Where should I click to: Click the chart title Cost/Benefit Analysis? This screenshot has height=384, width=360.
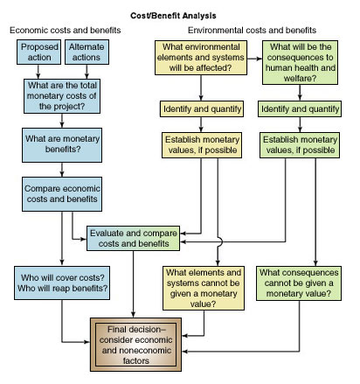pos(173,16)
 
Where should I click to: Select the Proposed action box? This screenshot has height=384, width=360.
pos(38,52)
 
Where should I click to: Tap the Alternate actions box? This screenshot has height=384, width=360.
pos(87,52)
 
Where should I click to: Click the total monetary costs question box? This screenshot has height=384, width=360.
pos(62,96)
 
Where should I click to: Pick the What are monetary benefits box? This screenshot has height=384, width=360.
pos(62,145)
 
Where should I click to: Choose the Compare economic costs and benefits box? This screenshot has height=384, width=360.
pos(62,194)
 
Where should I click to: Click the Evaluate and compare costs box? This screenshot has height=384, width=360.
pos(134,238)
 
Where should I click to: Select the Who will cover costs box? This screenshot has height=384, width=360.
pos(62,283)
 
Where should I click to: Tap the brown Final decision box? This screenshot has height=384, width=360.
pos(135,345)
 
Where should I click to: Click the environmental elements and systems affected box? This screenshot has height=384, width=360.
pos(201,58)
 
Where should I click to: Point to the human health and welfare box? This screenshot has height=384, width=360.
pos(300,62)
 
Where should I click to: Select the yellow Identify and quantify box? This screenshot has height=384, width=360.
pos(202,109)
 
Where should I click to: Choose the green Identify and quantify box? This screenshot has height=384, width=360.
pos(300,109)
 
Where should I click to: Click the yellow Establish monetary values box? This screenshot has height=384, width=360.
pos(202,145)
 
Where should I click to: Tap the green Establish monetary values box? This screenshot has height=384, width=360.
pos(300,145)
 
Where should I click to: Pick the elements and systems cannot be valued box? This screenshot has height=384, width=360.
pos(204,288)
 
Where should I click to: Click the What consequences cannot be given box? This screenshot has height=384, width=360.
pos(299,283)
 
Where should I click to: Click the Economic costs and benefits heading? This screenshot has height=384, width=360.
pos(66,31)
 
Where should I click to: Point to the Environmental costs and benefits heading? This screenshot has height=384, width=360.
pos(252,31)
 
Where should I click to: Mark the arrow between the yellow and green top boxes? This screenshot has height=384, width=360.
pos(254,59)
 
